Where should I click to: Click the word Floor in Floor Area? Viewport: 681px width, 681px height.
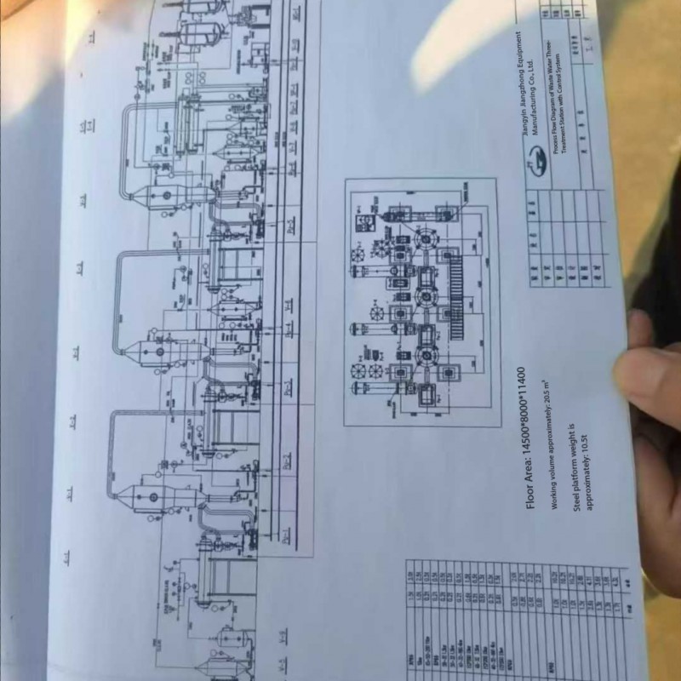coord(533,493)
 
